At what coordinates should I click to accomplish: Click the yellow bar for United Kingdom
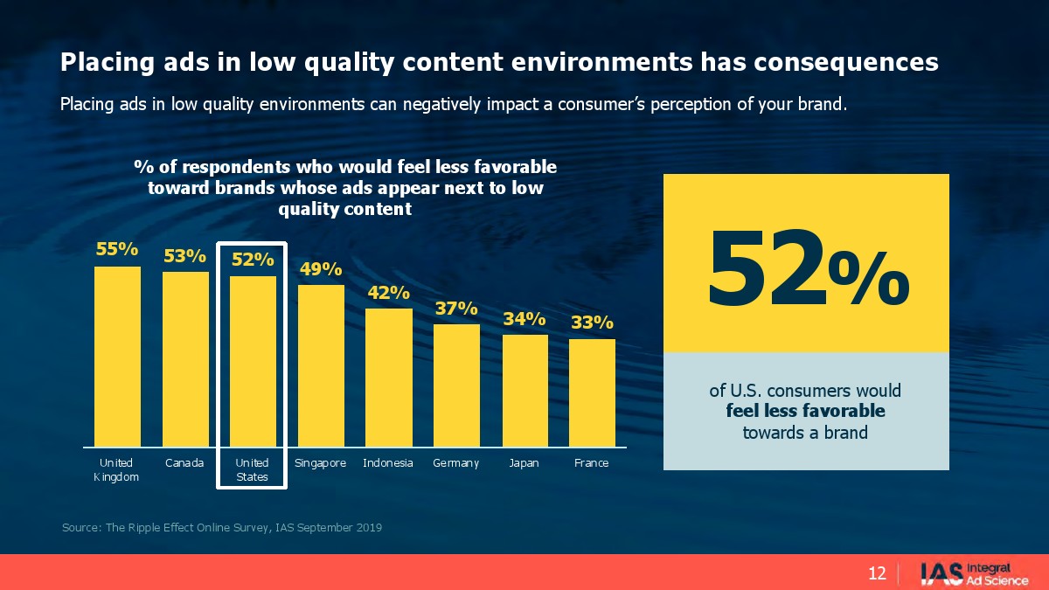tap(117, 356)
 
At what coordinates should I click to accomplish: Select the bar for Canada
tap(185, 358)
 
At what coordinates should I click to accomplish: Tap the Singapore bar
tap(321, 365)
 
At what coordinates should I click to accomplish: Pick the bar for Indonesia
tap(388, 377)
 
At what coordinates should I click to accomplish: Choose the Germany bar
tap(456, 385)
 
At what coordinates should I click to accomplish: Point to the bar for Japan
tap(524, 390)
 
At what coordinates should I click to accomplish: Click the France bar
tap(592, 392)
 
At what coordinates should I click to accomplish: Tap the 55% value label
tap(117, 249)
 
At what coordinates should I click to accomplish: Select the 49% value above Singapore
tap(321, 268)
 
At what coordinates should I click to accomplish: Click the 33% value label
tap(592, 323)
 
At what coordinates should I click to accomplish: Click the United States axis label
tap(253, 469)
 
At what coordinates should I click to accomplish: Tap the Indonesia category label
tap(388, 462)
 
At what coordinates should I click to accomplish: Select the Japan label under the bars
tap(524, 462)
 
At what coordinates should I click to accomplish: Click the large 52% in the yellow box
tap(806, 267)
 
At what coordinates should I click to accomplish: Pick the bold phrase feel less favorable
tap(805, 411)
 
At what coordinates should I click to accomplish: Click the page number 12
tap(877, 573)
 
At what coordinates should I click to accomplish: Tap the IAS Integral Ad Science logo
tap(974, 573)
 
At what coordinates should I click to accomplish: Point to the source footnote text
tap(222, 528)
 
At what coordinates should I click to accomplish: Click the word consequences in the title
tap(845, 62)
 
